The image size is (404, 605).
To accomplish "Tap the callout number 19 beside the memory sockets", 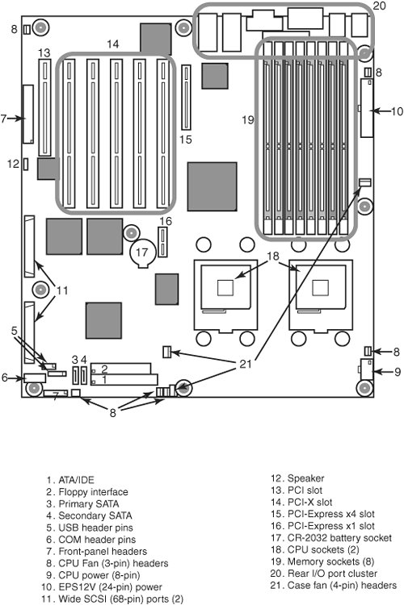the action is (248, 119).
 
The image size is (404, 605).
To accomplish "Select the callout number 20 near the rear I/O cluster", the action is (380, 6).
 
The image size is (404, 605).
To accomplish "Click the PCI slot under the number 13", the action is (45, 107).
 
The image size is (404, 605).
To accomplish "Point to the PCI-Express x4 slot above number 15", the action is (187, 98).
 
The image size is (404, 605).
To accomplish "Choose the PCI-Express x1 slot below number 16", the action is (162, 242).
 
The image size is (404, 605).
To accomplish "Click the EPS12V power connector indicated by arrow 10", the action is (367, 107).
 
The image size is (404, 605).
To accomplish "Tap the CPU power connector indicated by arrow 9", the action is (367, 369).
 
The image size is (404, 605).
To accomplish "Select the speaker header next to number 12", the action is (26, 164).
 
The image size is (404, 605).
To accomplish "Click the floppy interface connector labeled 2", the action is (121, 368).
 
